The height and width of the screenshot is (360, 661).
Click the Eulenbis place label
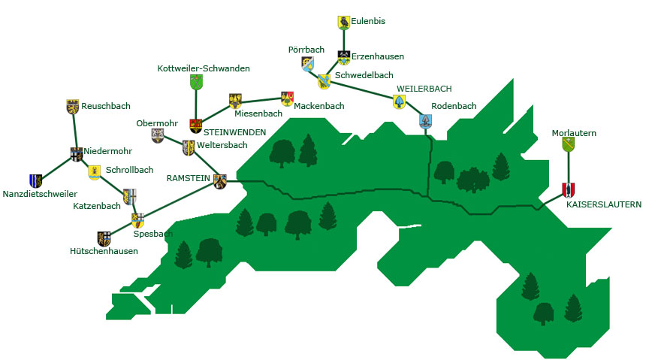click(368, 22)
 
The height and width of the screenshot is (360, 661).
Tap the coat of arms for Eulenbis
click(343, 23)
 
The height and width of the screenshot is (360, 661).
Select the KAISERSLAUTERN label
click(604, 204)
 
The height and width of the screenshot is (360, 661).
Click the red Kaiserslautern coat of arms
click(569, 189)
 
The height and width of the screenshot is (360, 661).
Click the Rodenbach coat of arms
click(425, 121)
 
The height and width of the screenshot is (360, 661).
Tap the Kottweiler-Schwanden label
click(204, 68)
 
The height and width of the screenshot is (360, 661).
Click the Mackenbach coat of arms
click(287, 98)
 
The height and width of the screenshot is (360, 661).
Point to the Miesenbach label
click(258, 113)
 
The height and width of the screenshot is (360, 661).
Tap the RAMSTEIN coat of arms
click(220, 180)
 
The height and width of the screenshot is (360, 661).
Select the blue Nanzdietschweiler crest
click(35, 180)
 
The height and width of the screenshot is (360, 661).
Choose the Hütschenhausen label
click(104, 251)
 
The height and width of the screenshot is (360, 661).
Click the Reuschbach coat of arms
click(73, 107)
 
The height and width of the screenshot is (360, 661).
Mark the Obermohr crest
click(158, 135)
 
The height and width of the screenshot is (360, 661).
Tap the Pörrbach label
click(306, 50)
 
